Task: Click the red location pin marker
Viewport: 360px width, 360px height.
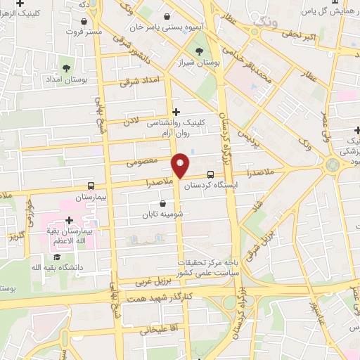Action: click(180, 165)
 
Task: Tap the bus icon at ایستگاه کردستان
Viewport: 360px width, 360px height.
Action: click(211, 175)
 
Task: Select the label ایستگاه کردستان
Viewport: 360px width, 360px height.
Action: click(212, 186)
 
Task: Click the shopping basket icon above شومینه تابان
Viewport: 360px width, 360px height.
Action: click(162, 204)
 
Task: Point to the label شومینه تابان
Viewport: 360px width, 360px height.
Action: click(162, 214)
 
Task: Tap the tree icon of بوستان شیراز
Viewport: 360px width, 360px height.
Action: click(201, 51)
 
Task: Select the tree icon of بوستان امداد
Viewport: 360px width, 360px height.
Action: click(66, 69)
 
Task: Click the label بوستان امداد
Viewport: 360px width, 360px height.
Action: click(68, 80)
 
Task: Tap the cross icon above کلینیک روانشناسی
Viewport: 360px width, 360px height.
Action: click(176, 111)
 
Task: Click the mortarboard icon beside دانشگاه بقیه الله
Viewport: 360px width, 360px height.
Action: click(88, 268)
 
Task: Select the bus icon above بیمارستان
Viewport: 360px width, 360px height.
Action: click(91, 186)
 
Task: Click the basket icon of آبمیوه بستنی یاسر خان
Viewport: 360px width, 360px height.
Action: click(165, 16)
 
